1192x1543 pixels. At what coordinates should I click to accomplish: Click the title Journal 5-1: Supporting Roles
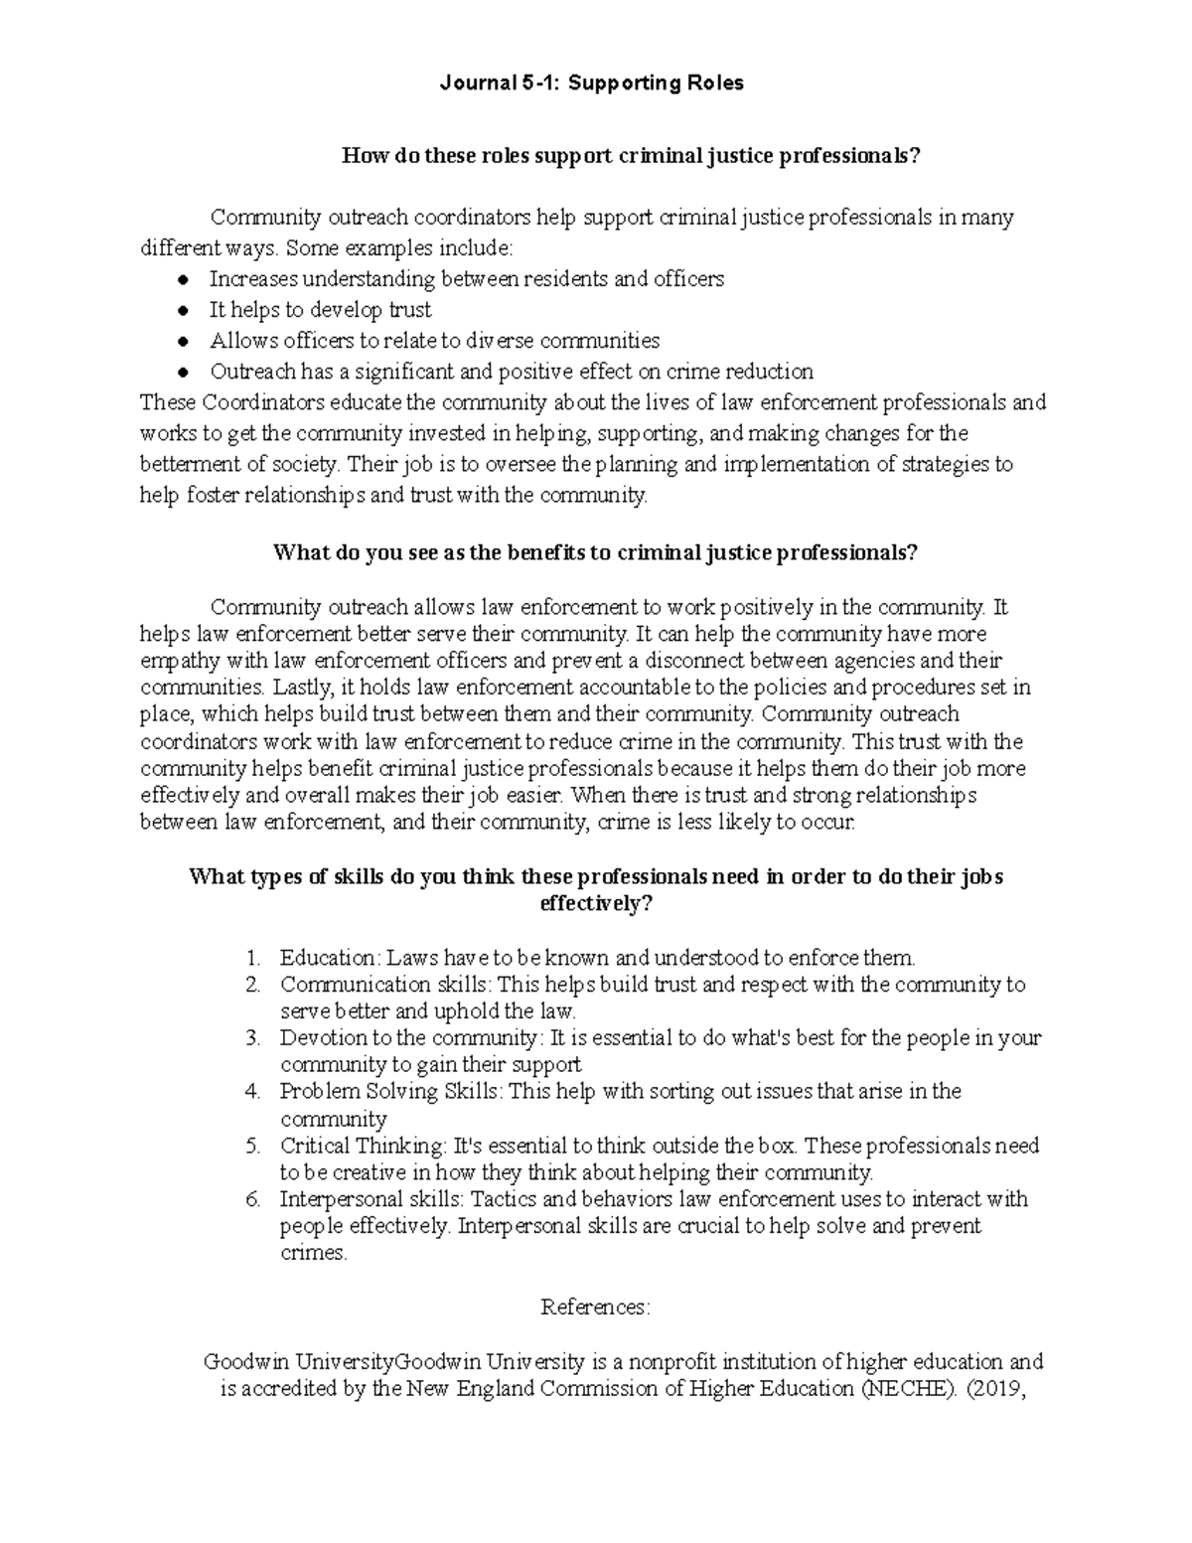592,83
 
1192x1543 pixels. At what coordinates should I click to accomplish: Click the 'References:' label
595,1308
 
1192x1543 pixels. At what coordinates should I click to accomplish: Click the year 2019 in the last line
995,1389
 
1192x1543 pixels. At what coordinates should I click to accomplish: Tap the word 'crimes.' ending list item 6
314,1253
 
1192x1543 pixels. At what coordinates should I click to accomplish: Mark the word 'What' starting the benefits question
302,553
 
